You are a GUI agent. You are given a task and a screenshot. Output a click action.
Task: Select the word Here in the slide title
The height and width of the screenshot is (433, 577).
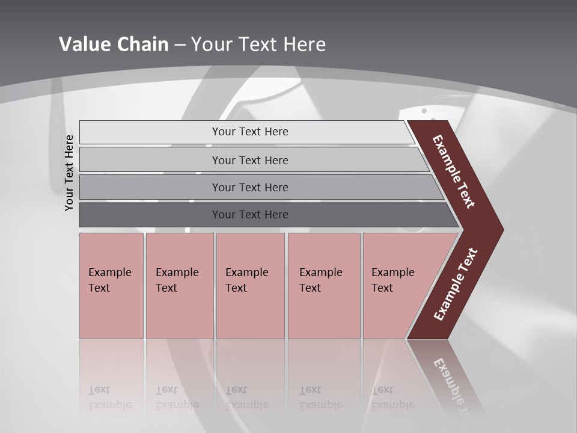pos(304,44)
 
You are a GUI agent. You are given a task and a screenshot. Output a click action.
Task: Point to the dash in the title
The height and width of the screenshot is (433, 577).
pos(180,45)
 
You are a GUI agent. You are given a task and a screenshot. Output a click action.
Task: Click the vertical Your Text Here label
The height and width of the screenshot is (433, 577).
pos(69,173)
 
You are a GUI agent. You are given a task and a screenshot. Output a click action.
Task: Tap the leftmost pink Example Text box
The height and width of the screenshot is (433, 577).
pos(111,286)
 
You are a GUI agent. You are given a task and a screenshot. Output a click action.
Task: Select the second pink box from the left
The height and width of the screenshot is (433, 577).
pos(180,286)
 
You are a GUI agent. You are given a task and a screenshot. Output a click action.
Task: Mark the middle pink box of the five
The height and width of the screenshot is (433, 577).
pos(250,286)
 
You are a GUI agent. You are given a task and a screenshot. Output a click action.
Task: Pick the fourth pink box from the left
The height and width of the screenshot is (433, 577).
pos(324,286)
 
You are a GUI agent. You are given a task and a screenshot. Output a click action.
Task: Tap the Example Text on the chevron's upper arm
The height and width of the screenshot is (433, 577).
pos(454,171)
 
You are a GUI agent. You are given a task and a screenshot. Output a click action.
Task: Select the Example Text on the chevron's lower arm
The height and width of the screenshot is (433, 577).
pos(456,284)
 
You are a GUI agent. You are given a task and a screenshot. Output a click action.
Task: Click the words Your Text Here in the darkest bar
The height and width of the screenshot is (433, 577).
pos(250,215)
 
